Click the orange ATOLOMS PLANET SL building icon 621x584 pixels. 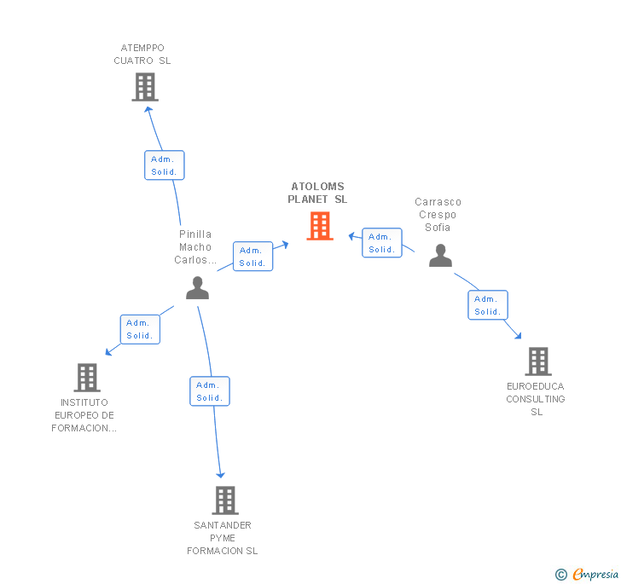tap(320, 226)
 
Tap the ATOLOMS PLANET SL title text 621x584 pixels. tap(317, 193)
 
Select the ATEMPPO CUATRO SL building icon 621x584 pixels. tap(145, 86)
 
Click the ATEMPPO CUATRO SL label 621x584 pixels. tap(142, 55)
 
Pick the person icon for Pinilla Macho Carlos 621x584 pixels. tap(197, 288)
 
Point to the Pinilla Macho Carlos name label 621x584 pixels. tap(195, 247)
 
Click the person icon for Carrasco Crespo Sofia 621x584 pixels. tap(440, 256)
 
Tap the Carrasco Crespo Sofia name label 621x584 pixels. tap(438, 215)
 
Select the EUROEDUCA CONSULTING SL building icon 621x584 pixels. tap(537, 361)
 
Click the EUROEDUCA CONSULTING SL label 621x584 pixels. tap(536, 399)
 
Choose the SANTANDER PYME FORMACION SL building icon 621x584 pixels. tap(224, 500)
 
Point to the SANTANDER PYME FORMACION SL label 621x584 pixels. tap(223, 538)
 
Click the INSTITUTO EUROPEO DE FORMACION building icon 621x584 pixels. tap(87, 377)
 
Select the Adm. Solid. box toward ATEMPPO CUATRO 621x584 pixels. tap(164, 165)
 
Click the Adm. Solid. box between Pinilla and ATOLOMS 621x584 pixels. tap(252, 257)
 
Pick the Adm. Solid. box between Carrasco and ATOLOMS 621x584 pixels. tap(381, 243)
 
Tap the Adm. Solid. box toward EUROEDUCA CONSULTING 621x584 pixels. tap(488, 305)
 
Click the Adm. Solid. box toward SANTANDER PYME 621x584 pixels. tap(210, 391)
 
